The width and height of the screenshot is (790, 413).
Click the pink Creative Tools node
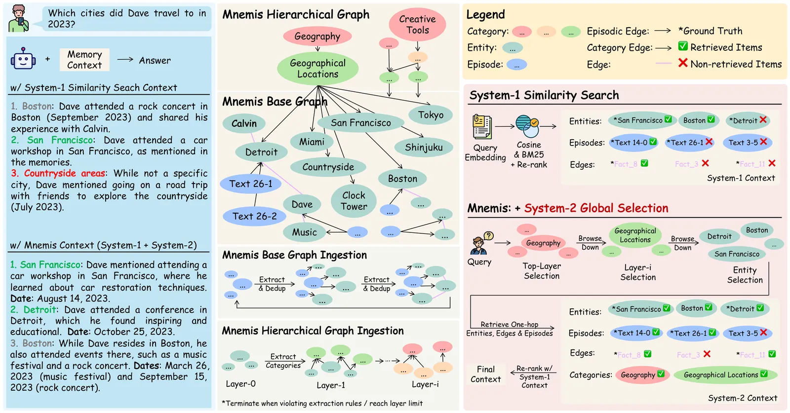[x=417, y=25]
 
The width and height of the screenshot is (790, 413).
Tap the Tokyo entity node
[x=431, y=115]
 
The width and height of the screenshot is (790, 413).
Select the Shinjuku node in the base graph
[x=424, y=147]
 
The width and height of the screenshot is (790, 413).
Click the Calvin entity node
[x=244, y=123]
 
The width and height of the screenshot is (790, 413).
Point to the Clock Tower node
[x=354, y=201]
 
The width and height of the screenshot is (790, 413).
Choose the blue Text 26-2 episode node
[x=254, y=216]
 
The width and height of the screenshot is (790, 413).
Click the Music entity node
[x=304, y=232]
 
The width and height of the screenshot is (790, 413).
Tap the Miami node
[x=312, y=142]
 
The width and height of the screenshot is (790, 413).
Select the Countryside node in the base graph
[x=328, y=167]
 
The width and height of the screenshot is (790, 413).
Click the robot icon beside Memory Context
[x=23, y=59]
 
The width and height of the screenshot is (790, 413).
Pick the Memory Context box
[x=84, y=60]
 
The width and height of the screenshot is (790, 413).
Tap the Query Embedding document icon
[x=482, y=127]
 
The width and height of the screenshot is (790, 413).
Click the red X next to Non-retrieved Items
[x=683, y=63]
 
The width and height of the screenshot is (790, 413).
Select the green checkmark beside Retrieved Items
[x=683, y=46]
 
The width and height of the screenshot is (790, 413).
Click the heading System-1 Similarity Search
[x=544, y=95]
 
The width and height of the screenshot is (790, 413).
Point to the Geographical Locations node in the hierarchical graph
[x=317, y=69]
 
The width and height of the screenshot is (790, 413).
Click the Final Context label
[x=485, y=374]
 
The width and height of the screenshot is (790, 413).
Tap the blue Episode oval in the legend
[x=516, y=65]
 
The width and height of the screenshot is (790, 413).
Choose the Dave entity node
[x=302, y=204]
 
